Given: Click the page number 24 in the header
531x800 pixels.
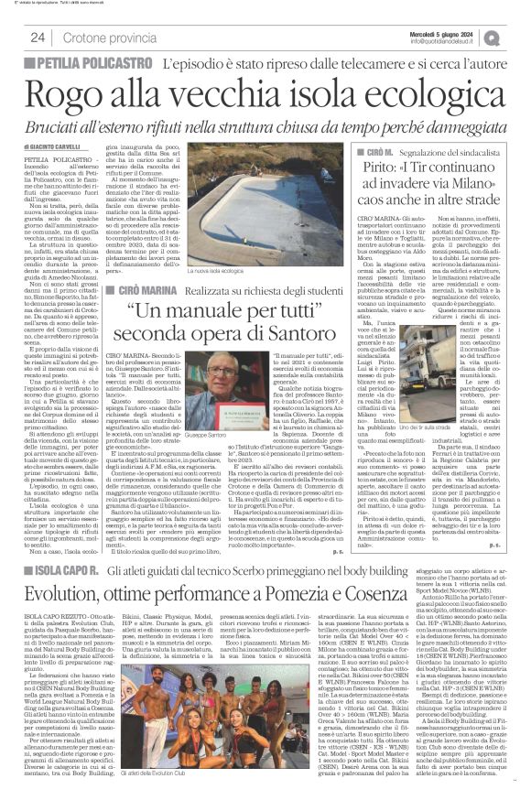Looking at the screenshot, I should click(38, 38).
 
